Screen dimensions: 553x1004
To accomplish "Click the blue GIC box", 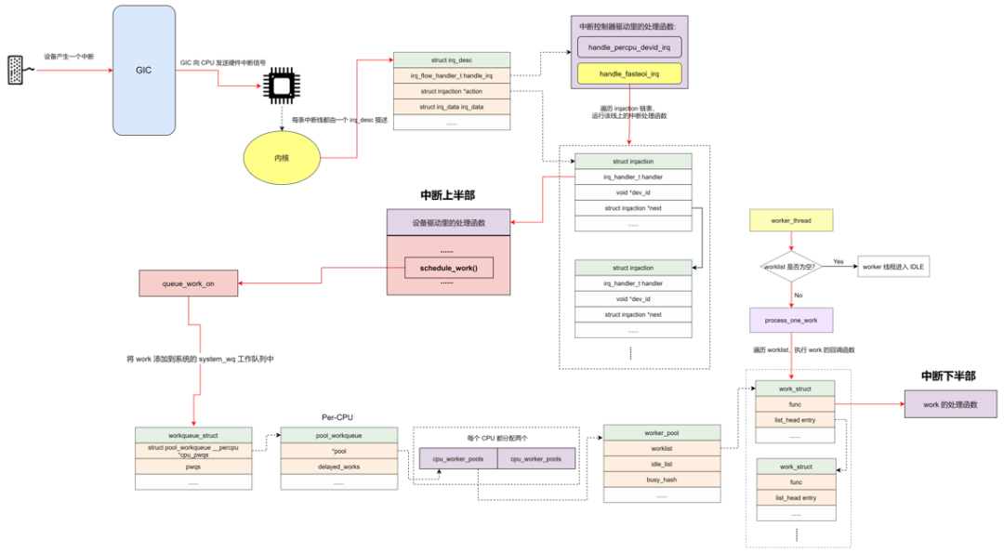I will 143,71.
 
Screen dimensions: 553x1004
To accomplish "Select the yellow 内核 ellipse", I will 282,158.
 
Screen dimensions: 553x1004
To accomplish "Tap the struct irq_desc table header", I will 451,60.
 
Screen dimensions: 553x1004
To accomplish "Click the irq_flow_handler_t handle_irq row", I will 451,75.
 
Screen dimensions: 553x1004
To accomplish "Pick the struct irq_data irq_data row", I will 451,107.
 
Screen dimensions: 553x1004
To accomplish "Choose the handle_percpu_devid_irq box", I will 629,46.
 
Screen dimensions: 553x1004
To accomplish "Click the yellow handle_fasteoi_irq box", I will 629,73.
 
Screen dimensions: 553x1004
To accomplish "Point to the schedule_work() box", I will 448,268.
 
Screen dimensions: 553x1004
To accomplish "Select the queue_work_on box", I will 188,283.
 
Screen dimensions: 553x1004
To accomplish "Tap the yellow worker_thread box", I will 791,221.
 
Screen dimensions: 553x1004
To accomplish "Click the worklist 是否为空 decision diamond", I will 790,267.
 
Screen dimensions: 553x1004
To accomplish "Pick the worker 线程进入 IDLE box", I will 893,267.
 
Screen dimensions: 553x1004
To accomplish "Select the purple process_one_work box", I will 791,320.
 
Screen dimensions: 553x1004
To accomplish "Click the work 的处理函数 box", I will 949,404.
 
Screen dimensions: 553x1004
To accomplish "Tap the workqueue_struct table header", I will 193,434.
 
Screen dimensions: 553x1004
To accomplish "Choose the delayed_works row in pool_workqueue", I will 338,466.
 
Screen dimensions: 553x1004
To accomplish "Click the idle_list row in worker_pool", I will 661,463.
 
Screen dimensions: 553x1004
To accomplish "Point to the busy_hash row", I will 661,480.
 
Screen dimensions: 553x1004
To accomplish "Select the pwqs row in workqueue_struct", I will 193,467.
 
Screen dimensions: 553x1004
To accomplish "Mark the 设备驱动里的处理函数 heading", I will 448,222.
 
